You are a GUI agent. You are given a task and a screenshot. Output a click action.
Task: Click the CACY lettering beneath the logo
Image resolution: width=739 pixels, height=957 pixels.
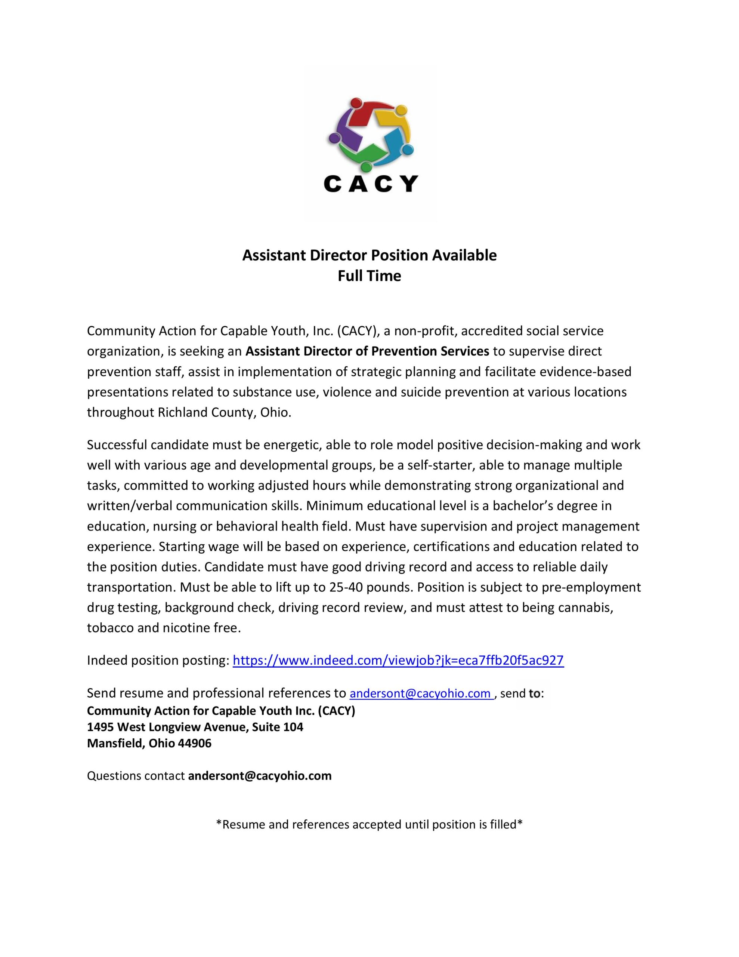[x=371, y=184]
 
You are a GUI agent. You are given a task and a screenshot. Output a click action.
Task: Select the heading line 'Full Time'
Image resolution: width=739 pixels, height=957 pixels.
[x=369, y=276]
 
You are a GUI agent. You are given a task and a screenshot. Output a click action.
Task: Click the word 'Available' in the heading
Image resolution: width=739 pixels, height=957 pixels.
[x=464, y=255]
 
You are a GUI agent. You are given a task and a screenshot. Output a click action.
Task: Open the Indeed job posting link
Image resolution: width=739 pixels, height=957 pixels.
[x=398, y=660]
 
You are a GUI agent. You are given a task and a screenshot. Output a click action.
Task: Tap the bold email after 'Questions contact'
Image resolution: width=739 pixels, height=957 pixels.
[x=260, y=776]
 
